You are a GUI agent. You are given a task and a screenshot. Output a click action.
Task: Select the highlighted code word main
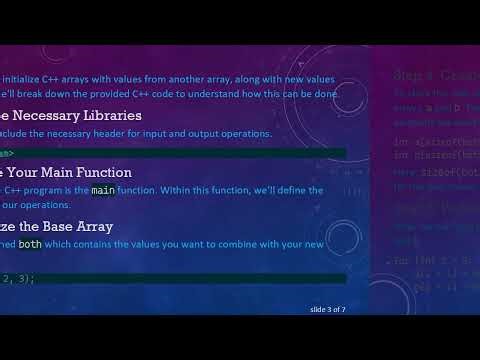[x=103, y=189]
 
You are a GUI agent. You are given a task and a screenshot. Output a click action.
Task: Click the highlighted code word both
[x=30, y=243]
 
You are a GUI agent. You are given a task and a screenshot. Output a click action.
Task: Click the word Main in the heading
[x=50, y=172]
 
